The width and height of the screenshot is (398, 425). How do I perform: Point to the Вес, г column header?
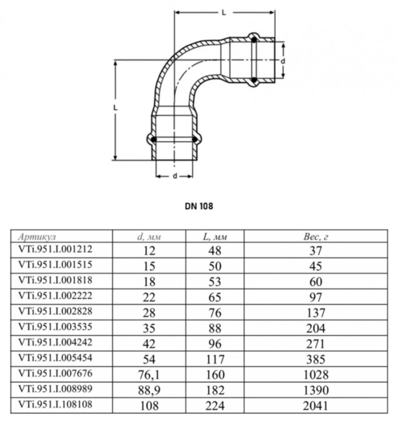(x=316, y=237)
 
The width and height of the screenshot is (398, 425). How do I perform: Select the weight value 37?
(x=316, y=250)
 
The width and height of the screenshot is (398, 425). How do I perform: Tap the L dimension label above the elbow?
(x=224, y=12)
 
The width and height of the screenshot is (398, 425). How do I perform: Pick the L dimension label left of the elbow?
(x=115, y=107)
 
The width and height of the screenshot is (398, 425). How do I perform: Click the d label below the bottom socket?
(x=174, y=176)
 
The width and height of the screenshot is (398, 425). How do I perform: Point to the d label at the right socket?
(x=283, y=61)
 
